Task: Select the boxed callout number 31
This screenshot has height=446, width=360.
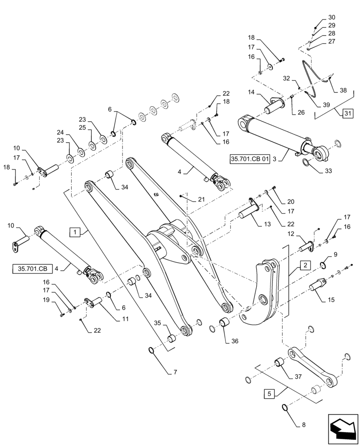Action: [348, 113]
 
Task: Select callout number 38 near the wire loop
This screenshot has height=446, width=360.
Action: [343, 90]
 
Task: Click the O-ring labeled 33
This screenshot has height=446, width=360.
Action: [307, 163]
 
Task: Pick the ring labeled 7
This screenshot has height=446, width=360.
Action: [152, 352]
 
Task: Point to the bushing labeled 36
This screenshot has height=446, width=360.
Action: [224, 322]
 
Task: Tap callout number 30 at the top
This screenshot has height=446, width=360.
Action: [331, 17]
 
